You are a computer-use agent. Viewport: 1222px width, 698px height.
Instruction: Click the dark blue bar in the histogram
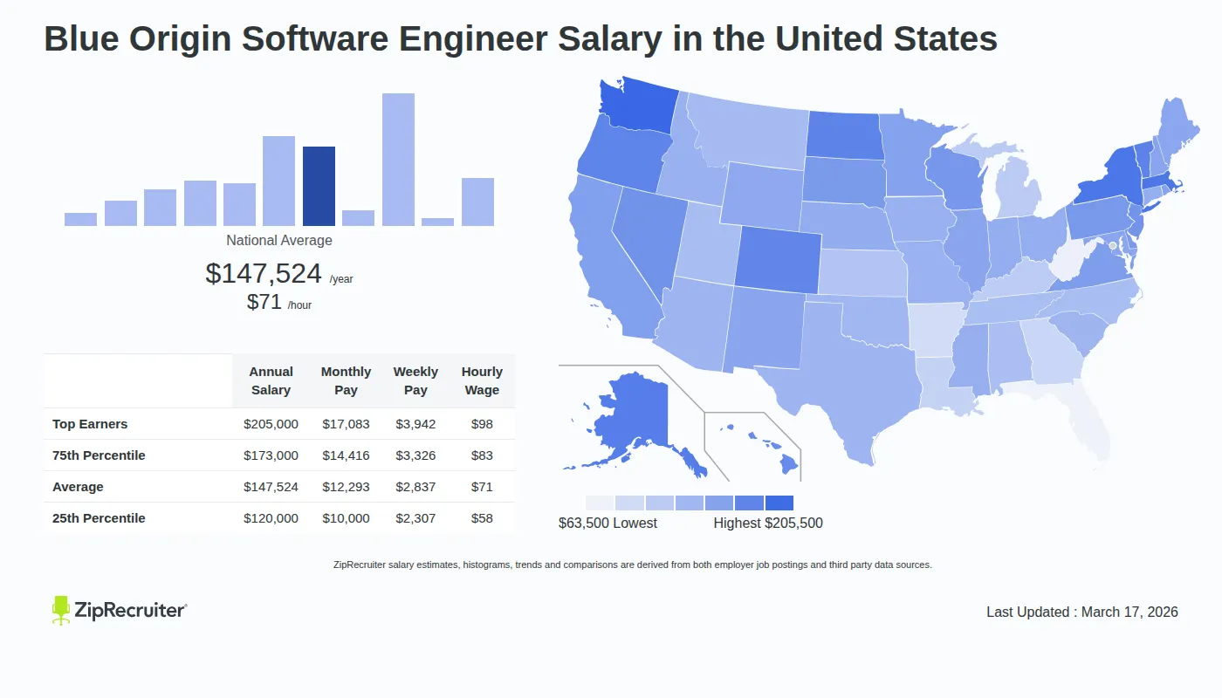(x=319, y=186)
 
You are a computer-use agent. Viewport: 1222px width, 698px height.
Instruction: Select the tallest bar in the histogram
(x=398, y=160)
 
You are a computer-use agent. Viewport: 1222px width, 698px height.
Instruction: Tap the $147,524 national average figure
(x=264, y=274)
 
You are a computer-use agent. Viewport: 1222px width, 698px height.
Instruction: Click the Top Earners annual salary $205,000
(x=271, y=424)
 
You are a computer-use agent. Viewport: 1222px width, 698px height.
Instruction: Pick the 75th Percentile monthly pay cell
(x=346, y=455)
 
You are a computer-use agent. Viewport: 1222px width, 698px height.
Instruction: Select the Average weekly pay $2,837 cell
(x=415, y=487)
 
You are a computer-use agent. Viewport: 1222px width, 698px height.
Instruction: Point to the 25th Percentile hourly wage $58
(x=482, y=518)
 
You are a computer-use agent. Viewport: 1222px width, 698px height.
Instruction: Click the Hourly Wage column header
(x=482, y=381)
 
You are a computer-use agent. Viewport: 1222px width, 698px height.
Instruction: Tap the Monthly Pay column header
(x=346, y=381)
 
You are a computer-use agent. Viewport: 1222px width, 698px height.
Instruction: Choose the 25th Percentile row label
(x=99, y=518)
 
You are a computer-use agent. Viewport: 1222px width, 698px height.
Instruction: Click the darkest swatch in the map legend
(x=779, y=503)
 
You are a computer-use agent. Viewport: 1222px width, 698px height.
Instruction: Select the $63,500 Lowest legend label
(x=608, y=523)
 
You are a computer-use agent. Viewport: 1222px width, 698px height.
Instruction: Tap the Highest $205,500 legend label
(x=768, y=523)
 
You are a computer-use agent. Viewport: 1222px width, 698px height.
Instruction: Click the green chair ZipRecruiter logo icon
(x=61, y=610)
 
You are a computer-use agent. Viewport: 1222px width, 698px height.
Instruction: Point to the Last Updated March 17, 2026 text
(x=1081, y=612)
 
